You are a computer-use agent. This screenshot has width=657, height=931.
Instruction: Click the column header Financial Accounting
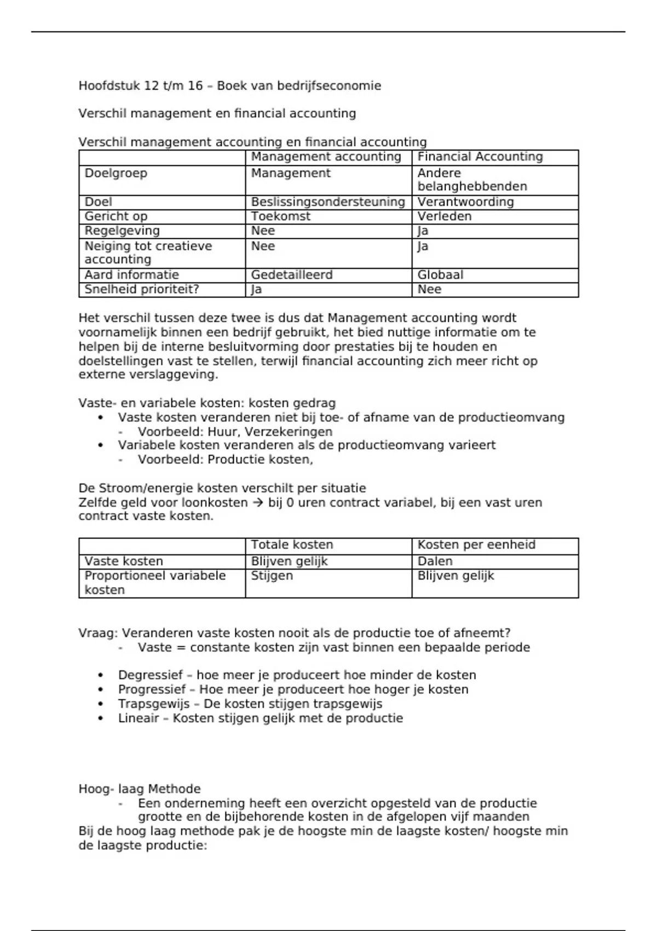pos(480,157)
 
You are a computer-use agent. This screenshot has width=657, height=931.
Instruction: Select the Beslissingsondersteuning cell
pos(327,202)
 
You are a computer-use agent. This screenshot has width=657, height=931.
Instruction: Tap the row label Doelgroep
pos(116,174)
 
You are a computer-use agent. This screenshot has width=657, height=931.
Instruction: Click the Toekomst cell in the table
pos(280,216)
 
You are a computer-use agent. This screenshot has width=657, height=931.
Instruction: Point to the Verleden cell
pos(444,216)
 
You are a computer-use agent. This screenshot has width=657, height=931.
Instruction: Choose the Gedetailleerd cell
pos(291,275)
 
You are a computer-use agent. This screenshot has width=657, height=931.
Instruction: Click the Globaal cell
pos(440,275)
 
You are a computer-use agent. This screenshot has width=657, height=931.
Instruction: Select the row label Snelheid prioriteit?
pos(141,289)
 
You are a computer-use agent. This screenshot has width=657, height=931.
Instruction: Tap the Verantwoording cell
pos(465,202)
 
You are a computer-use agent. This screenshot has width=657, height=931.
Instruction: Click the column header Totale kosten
pos(292,545)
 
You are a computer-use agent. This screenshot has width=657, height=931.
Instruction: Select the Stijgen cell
pos(272,576)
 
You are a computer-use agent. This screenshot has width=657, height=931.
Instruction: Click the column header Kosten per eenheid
pos(476,545)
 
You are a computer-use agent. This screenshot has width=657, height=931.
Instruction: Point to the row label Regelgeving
pos(122,231)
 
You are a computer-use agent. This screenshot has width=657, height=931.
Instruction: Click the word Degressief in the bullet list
pos(151,675)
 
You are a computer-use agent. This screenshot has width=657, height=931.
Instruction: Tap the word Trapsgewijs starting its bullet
pos(153,704)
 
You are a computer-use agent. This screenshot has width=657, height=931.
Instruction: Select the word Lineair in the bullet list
pos(139,718)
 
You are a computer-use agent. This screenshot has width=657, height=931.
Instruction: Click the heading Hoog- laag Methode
pos(140,789)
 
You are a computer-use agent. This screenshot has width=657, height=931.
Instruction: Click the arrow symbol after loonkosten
pos(258,503)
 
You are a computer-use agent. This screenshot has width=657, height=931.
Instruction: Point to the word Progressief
pos(152,689)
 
